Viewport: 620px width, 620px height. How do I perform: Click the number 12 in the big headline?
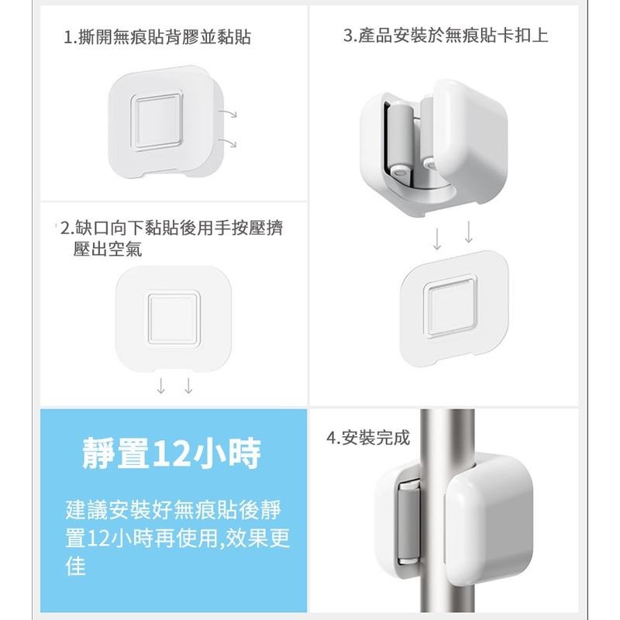click(167, 454)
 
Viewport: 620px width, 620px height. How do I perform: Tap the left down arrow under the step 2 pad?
click(160, 386)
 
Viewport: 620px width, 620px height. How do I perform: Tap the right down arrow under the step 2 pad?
click(188, 386)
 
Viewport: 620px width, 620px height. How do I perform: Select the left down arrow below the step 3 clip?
click(437, 236)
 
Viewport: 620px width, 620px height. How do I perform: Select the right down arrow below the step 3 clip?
click(468, 232)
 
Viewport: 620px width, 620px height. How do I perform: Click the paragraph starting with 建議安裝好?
click(178, 538)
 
